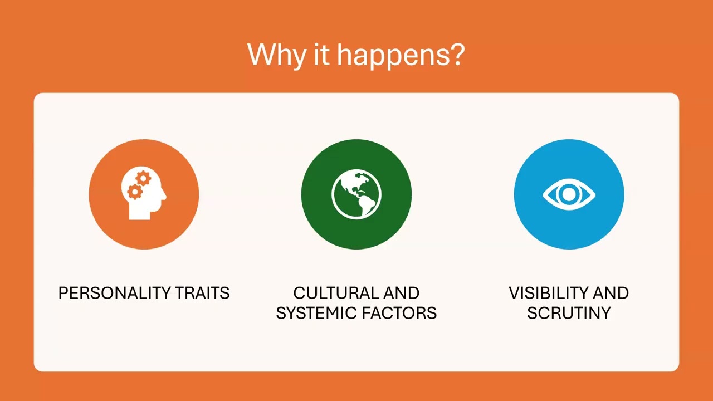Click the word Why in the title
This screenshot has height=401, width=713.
[276, 55]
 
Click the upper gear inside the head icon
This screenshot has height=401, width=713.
[143, 179]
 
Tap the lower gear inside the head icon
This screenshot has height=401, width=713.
[134, 192]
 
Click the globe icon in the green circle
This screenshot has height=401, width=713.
[356, 194]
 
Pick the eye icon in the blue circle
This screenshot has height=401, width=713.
[569, 194]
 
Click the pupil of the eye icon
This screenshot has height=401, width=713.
[569, 194]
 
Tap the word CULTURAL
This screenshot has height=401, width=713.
[335, 293]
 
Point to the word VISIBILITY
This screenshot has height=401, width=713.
[548, 293]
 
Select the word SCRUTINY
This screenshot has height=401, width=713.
[569, 313]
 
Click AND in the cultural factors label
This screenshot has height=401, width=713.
[401, 293]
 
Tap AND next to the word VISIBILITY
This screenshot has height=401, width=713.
[611, 293]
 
